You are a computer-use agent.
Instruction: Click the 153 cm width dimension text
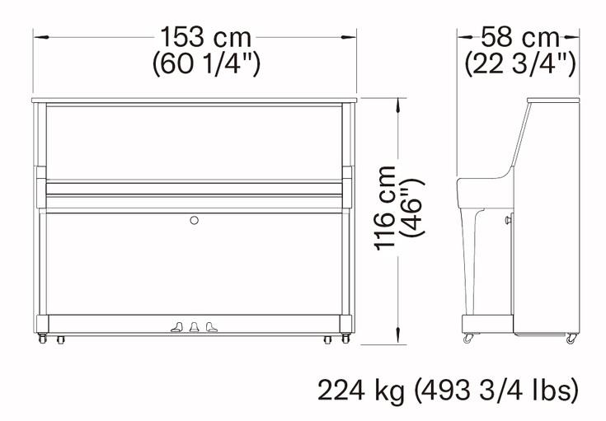click(x=206, y=37)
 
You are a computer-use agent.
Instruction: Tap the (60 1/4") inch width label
click(x=206, y=63)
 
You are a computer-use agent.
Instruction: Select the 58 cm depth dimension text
click(x=519, y=37)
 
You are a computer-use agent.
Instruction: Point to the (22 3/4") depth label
click(x=520, y=63)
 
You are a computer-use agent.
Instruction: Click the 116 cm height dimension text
click(x=385, y=208)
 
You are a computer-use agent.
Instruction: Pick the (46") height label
click(x=413, y=208)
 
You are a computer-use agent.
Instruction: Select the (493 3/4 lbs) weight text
click(x=496, y=390)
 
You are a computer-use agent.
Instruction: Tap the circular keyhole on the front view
click(x=195, y=220)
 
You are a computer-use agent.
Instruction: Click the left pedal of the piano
click(x=177, y=327)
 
